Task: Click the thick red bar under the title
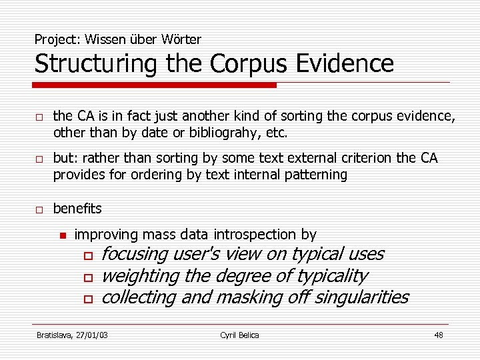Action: (155, 85)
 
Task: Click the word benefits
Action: (77, 209)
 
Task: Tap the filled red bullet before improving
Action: (62, 235)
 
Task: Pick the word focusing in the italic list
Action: (134, 254)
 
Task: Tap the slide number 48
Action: (438, 335)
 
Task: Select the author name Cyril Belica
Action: (239, 335)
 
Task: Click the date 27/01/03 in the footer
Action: (93, 335)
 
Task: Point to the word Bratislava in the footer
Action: (55, 335)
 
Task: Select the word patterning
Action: (317, 175)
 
